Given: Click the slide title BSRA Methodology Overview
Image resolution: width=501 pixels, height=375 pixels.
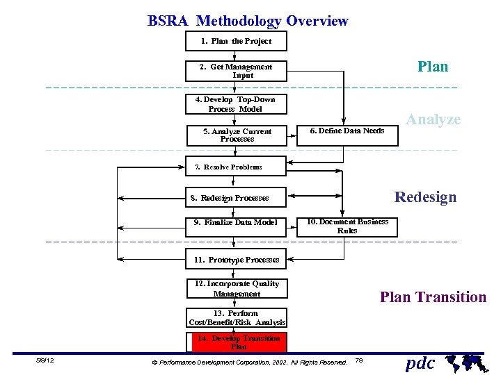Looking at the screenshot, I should (248, 21).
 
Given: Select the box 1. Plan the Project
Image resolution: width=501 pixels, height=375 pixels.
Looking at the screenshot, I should (236, 41).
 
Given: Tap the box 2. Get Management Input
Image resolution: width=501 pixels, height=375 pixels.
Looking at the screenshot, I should (236, 71).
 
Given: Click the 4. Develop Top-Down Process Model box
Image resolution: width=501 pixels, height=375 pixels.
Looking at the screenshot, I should (236, 104).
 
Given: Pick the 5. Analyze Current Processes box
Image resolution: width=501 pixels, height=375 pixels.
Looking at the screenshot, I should (237, 135).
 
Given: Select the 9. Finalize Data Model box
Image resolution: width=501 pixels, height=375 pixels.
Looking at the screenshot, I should (236, 223).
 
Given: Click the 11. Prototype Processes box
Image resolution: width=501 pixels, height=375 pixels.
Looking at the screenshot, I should (236, 260).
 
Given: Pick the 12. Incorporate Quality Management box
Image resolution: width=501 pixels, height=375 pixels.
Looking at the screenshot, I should (237, 289).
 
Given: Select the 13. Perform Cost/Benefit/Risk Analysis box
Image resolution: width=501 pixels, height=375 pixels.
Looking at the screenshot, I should (237, 318).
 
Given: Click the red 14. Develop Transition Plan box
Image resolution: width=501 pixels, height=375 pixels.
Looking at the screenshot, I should (238, 342).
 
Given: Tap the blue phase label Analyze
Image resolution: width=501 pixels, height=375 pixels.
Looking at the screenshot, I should (434, 119).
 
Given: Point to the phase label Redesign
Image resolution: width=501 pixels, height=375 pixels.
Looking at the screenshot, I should (425, 197).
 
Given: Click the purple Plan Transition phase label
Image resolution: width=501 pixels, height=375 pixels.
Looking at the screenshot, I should (433, 297).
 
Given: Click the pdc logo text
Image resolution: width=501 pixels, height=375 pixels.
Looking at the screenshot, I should (420, 362).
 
